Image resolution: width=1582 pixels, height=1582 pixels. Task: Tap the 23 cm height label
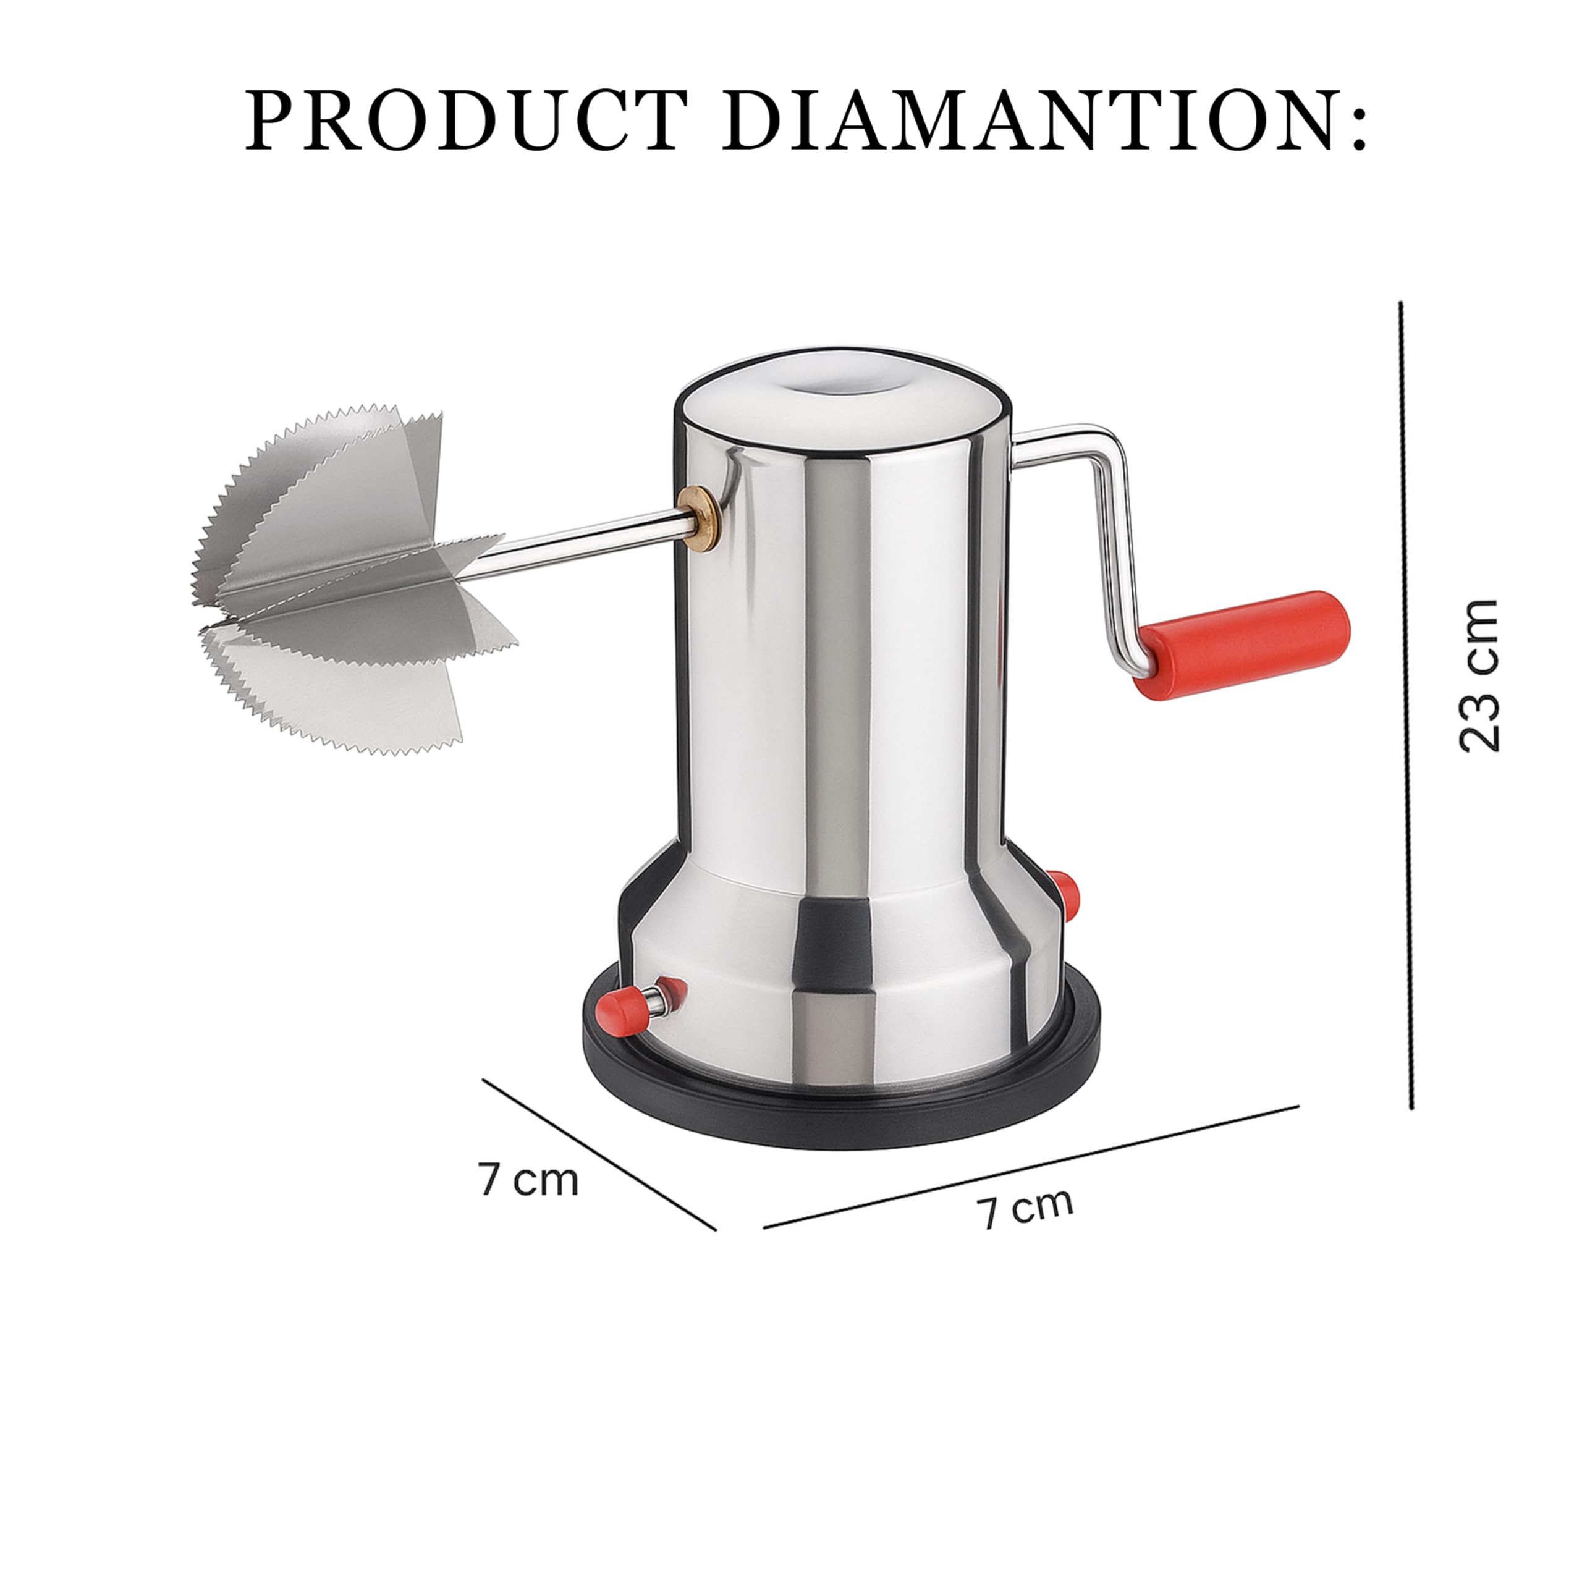(x=1478, y=675)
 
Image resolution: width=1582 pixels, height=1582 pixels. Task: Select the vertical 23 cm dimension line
(x=1406, y=705)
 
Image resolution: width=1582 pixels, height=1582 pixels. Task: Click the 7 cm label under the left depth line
(x=529, y=1179)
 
